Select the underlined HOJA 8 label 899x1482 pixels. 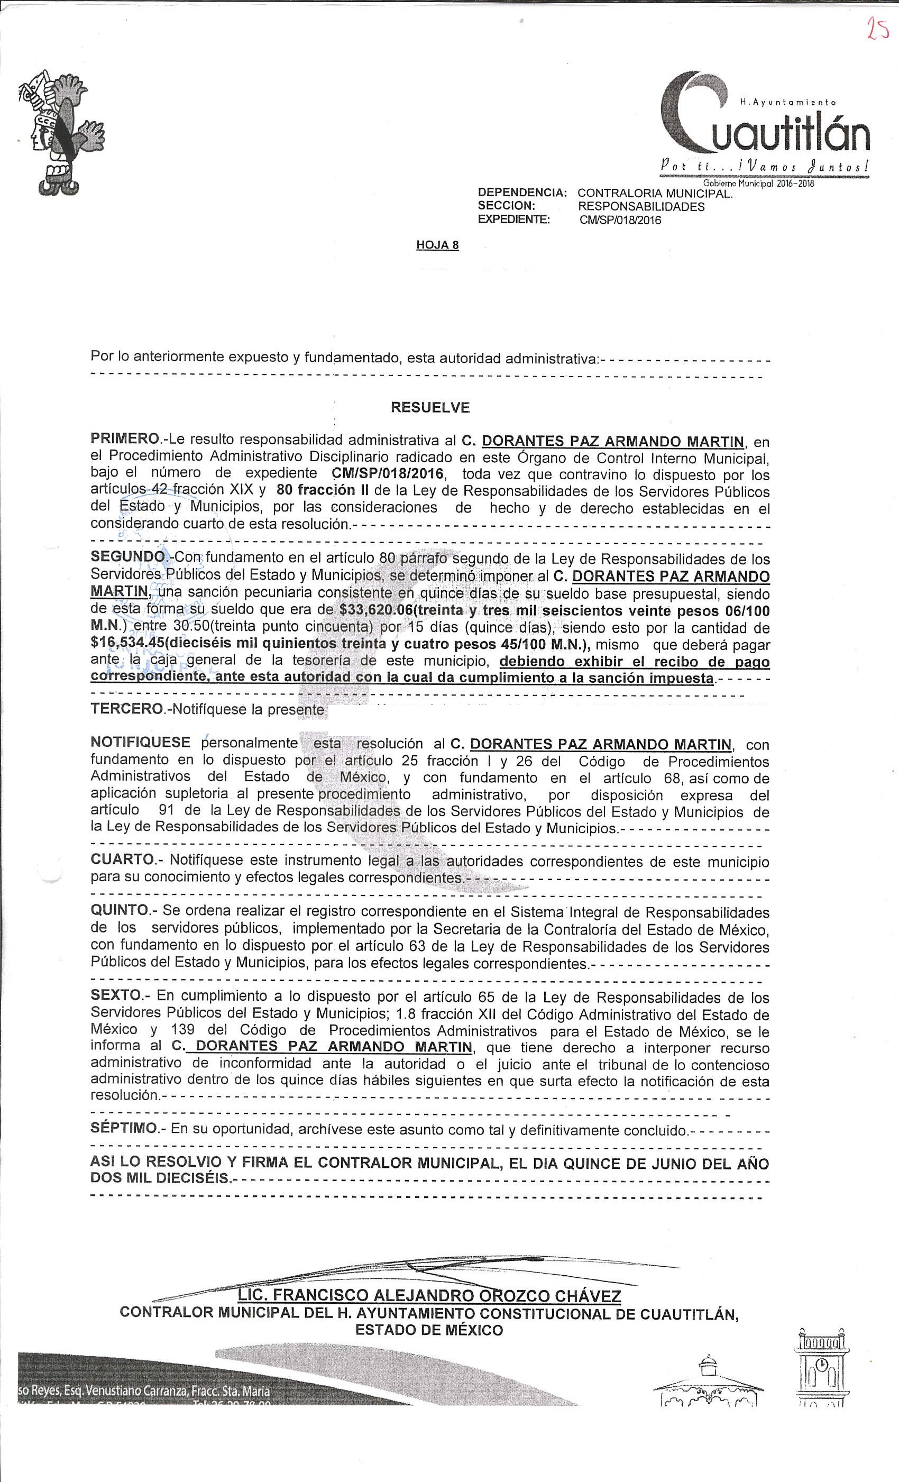(437, 245)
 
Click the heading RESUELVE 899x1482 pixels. (430, 407)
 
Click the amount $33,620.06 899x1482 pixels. (374, 610)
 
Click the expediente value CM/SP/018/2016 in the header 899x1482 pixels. (620, 220)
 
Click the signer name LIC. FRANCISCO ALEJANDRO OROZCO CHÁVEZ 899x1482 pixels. (429, 1295)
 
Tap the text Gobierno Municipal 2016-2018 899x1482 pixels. (759, 184)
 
